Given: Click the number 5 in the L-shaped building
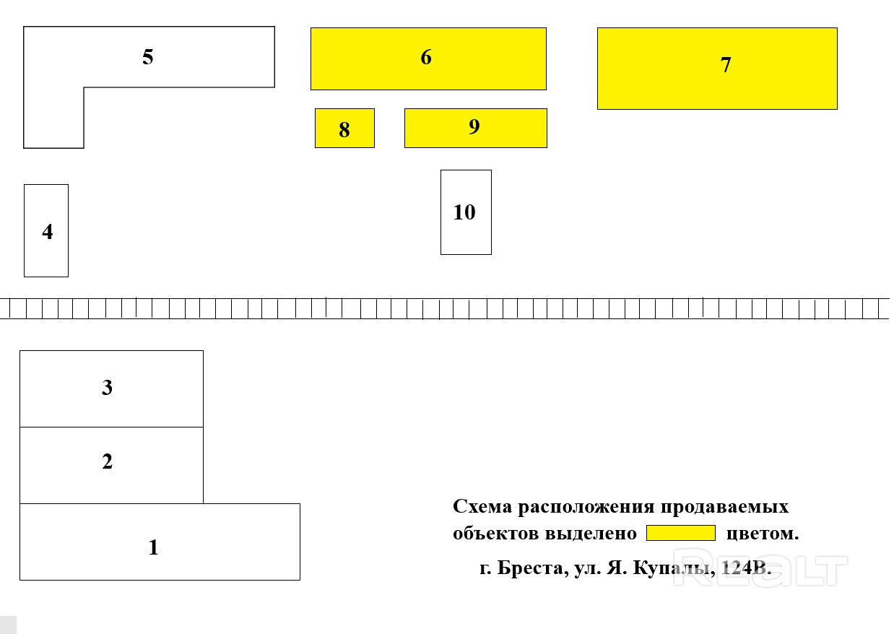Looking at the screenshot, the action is pyautogui.click(x=148, y=57).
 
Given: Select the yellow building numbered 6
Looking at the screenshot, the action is pyautogui.click(x=428, y=58).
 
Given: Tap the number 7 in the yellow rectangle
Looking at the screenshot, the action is pyautogui.click(x=726, y=65).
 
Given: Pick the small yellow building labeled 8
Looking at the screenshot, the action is pyautogui.click(x=344, y=129).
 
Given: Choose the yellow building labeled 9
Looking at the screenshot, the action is pyautogui.click(x=475, y=128).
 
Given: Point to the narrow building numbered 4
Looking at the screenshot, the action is pyautogui.click(x=46, y=231).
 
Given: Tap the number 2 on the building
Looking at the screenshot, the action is pyautogui.click(x=108, y=461).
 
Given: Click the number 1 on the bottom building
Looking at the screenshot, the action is pyautogui.click(x=153, y=547).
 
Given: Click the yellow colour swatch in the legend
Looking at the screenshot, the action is pyautogui.click(x=680, y=534).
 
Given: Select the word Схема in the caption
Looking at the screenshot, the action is pyautogui.click(x=482, y=507).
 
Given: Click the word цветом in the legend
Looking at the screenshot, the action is pyautogui.click(x=763, y=534).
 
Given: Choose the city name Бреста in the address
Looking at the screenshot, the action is pyautogui.click(x=533, y=568).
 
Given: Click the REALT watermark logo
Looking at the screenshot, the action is pyautogui.click(x=759, y=568).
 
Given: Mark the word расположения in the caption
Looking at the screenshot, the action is pyautogui.click(x=584, y=507).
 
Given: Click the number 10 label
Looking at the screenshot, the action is pyautogui.click(x=464, y=212).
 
